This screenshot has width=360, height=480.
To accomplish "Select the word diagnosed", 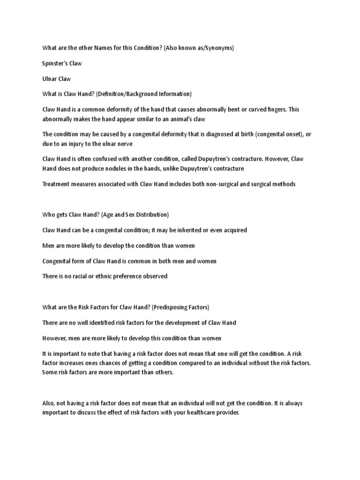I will tap(206, 134).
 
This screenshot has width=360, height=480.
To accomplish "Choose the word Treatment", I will tap(56, 184).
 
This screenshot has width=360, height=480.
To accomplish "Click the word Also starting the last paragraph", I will tap(49, 403).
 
